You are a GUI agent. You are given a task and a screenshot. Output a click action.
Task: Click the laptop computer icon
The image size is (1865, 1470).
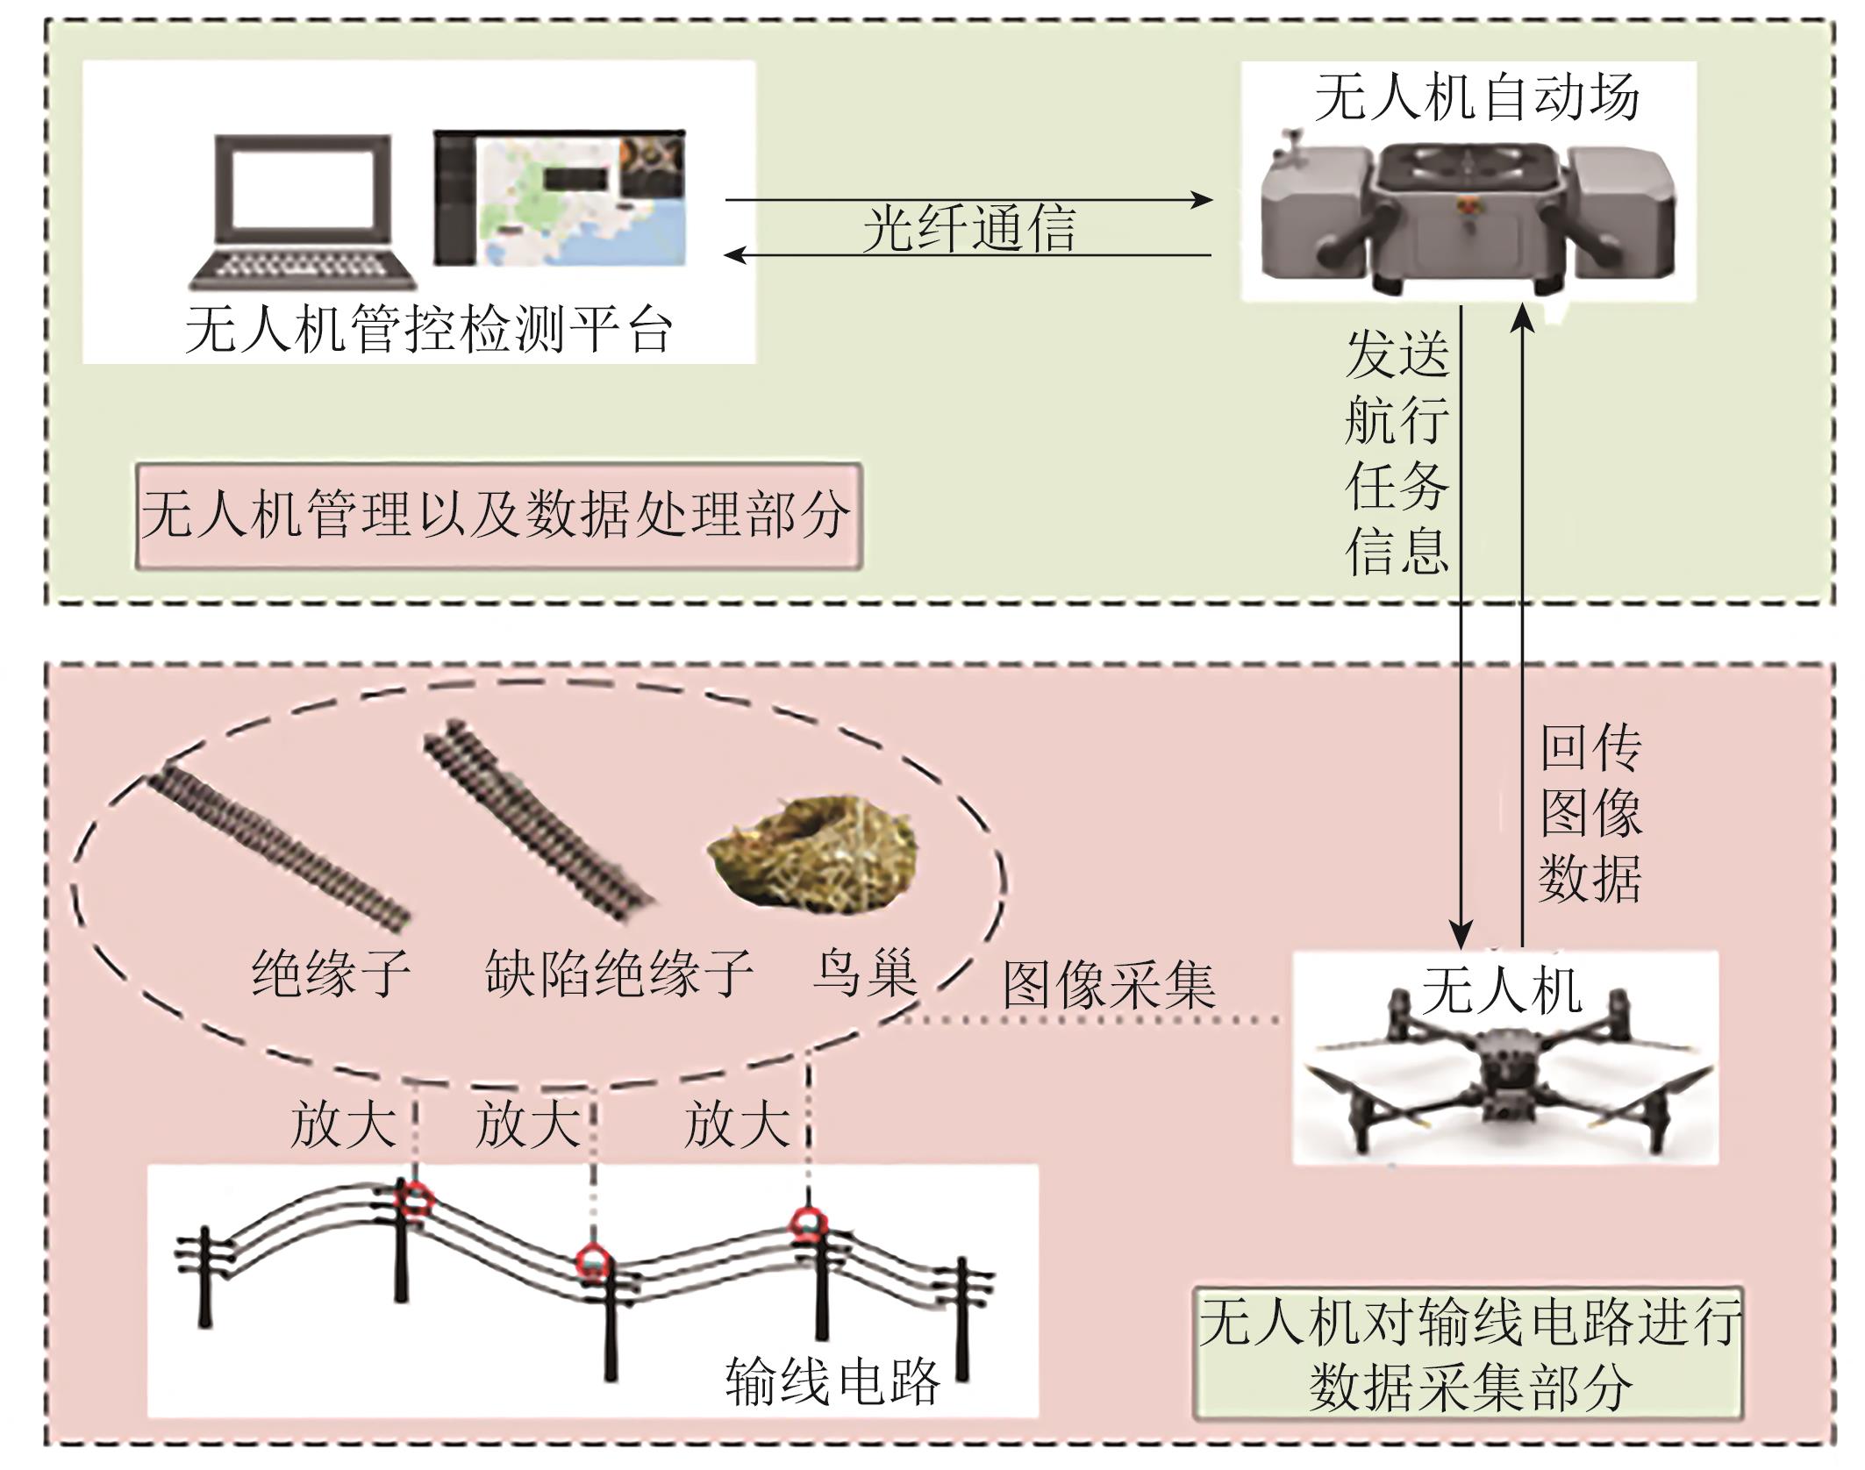tap(304, 211)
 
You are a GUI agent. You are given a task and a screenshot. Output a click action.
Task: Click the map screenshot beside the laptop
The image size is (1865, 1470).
tap(560, 197)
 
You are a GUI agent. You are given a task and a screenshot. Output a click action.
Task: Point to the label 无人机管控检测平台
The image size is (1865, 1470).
tap(429, 331)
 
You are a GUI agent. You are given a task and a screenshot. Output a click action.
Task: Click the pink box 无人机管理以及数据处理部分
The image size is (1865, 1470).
tap(497, 516)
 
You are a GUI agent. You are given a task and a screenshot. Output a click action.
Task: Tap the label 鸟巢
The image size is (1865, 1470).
tap(864, 973)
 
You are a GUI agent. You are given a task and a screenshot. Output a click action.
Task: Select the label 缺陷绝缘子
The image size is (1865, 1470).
tap(618, 973)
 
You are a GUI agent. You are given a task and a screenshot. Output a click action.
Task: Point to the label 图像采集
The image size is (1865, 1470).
tap(1109, 986)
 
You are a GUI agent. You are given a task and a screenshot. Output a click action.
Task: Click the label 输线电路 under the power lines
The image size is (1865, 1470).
tap(832, 1382)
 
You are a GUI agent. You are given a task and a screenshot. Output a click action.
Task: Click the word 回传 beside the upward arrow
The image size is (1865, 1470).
tap(1590, 748)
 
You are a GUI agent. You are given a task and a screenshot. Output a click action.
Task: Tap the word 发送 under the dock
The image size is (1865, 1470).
tap(1397, 355)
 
